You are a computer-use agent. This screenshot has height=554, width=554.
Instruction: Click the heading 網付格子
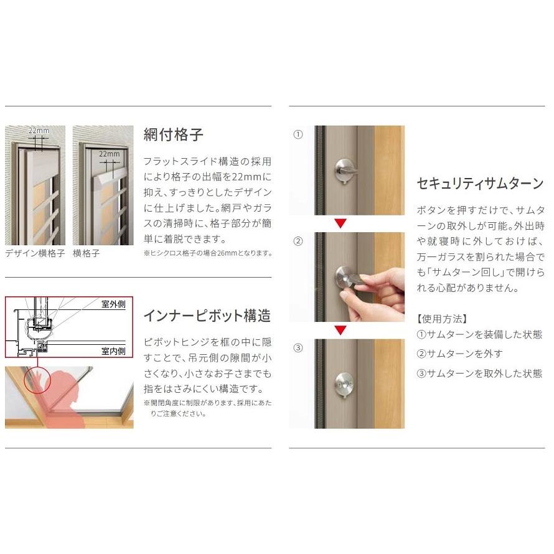click(x=173, y=134)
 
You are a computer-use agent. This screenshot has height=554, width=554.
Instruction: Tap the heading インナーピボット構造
click(x=207, y=316)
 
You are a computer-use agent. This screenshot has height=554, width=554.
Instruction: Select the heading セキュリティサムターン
click(x=480, y=184)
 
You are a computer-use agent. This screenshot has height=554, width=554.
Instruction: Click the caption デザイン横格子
click(x=35, y=253)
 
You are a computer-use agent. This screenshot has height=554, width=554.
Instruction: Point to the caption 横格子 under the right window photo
click(x=86, y=253)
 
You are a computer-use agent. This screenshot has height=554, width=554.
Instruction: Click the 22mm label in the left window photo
click(x=39, y=131)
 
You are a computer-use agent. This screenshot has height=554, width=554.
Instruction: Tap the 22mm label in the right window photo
click(x=109, y=154)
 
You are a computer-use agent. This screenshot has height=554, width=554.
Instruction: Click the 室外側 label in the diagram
click(x=113, y=304)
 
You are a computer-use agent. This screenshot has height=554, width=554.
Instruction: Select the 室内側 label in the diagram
click(x=113, y=351)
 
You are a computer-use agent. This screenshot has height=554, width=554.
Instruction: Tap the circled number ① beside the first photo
click(x=298, y=134)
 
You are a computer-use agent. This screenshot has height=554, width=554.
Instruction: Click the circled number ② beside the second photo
click(x=298, y=242)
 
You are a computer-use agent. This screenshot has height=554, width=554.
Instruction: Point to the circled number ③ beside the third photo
click(x=298, y=348)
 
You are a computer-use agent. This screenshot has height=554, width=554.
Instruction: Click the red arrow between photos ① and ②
click(x=340, y=223)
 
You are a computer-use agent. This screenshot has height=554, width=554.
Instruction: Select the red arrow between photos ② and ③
click(x=340, y=330)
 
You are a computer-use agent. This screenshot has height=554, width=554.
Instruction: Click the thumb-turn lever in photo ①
click(x=345, y=171)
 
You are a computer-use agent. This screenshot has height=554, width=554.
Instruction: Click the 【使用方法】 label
click(x=442, y=319)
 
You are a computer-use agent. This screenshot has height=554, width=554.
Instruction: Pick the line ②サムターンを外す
click(x=459, y=354)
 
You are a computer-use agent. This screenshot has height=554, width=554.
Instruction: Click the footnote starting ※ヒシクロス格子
click(x=208, y=253)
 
